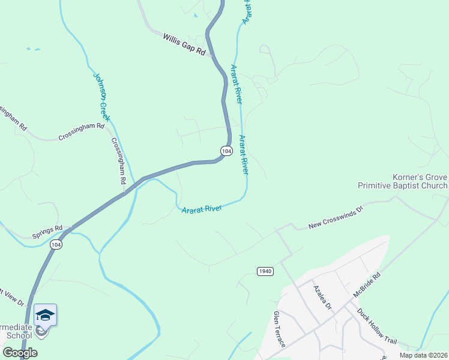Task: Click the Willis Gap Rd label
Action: point(184,45)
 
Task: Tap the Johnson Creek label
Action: point(101,97)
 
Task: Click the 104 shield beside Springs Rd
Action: point(56,245)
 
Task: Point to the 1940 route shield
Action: point(265,271)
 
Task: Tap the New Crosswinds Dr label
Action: point(336,217)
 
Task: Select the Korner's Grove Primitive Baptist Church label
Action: point(402,182)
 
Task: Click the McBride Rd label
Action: point(367,286)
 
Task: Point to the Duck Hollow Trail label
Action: point(377,326)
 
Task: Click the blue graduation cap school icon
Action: point(45,314)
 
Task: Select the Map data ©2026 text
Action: point(423,355)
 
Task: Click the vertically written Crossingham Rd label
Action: point(118,160)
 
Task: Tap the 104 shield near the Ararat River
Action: point(226,151)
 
